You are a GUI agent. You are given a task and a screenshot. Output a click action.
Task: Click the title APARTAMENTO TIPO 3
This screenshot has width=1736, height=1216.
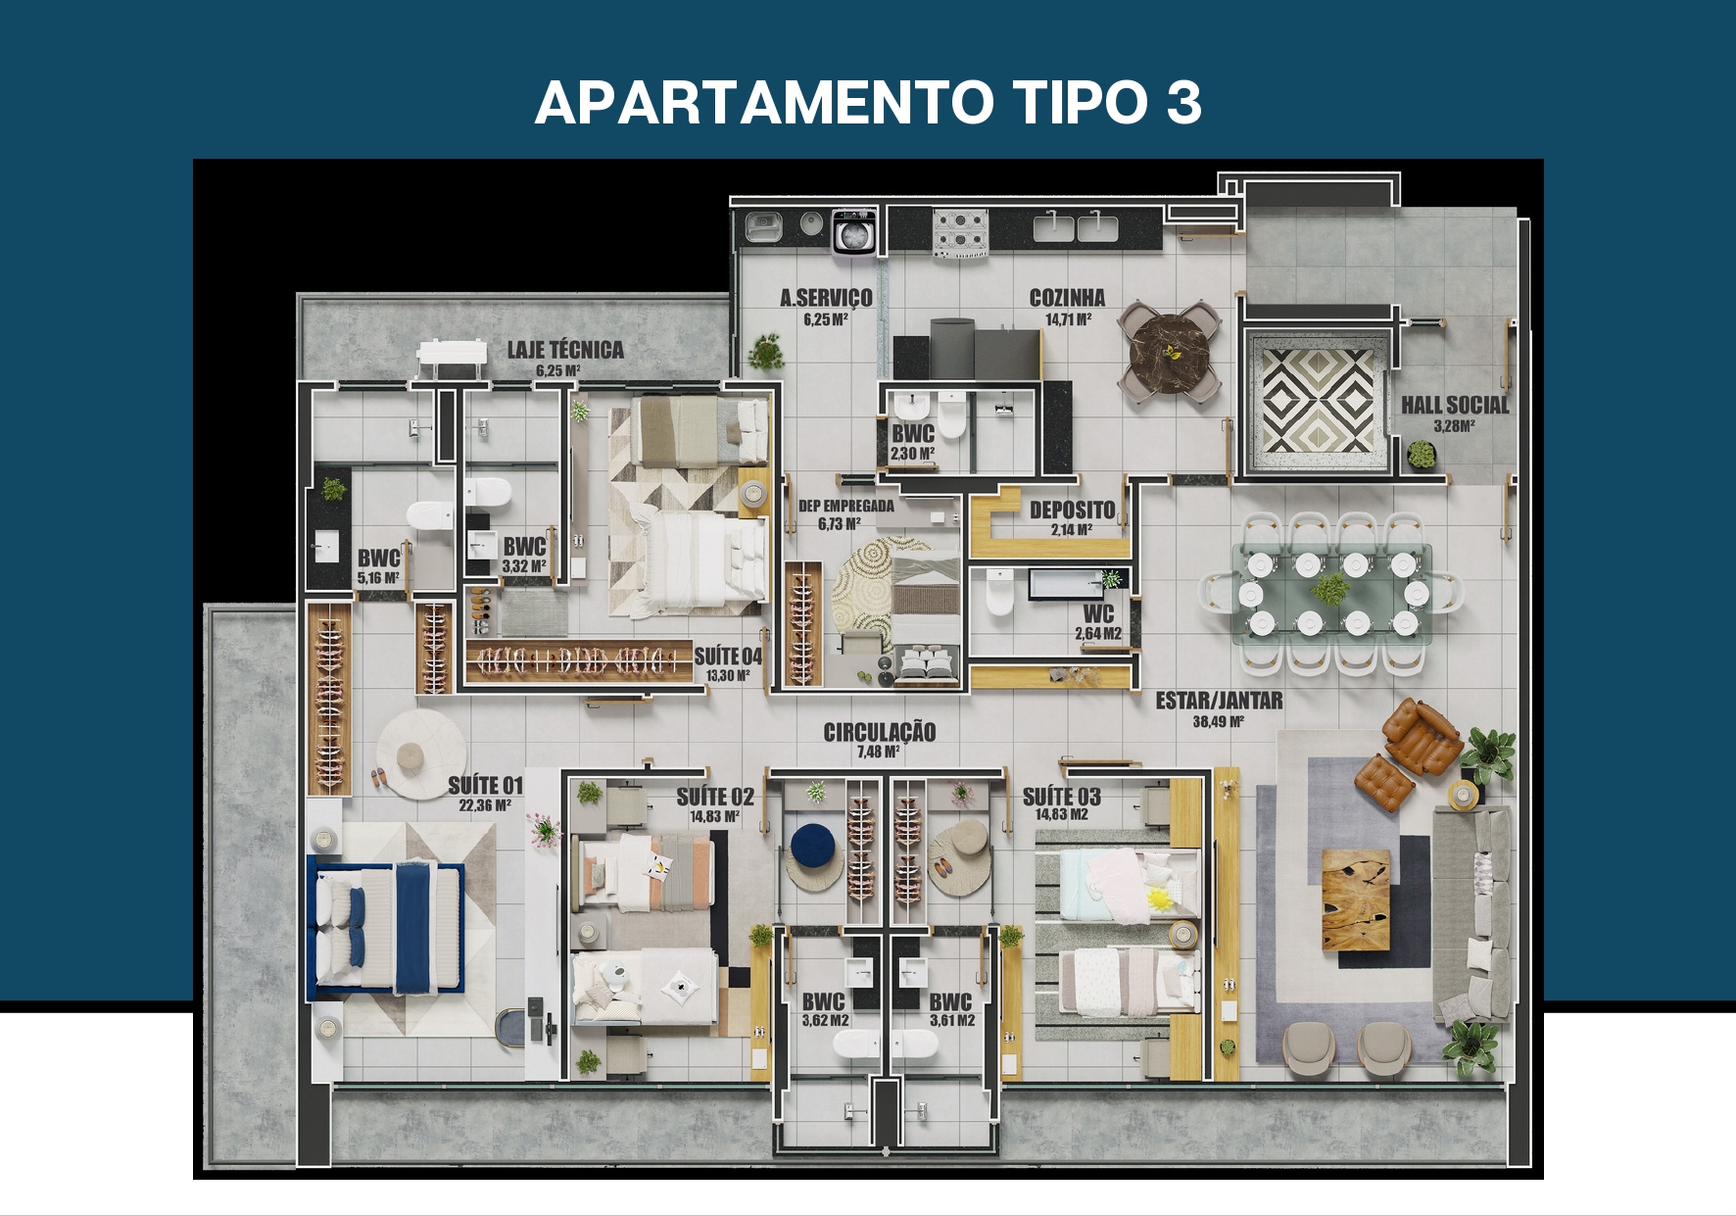point(868,102)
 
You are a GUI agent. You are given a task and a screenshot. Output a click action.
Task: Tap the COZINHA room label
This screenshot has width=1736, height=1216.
point(1067,297)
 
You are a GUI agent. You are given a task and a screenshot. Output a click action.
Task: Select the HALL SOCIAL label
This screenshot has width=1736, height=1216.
point(1455,404)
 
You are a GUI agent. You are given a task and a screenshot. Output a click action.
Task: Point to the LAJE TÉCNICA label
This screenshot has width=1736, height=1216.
point(565,349)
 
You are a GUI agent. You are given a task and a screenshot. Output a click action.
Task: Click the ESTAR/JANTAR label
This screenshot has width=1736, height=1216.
point(1219,700)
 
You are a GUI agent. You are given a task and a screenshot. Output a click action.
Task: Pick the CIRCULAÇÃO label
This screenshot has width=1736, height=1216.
point(879,731)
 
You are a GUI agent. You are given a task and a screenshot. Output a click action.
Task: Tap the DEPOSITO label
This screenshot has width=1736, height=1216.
point(1072,510)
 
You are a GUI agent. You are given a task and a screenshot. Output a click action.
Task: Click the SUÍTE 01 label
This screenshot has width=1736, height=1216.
point(486,785)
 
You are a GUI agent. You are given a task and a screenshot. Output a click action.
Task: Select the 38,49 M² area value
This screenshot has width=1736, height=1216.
point(1219,722)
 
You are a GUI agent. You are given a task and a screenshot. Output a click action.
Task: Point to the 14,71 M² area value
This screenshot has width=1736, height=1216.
point(1068,319)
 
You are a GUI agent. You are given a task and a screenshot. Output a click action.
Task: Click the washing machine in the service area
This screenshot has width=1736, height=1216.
point(853,232)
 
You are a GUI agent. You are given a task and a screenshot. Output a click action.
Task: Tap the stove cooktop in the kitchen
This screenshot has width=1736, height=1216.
point(960,233)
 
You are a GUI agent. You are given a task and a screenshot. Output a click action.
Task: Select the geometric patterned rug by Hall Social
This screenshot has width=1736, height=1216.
point(1316,400)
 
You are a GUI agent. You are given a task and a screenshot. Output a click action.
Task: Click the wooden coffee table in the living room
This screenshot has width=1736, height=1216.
point(1356,900)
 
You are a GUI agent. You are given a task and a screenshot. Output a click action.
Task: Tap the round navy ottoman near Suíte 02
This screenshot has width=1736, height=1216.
point(812,846)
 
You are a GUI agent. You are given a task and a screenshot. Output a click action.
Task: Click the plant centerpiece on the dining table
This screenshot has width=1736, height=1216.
point(1329,590)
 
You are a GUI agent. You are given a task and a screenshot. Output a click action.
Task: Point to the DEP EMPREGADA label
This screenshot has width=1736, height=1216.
point(846,506)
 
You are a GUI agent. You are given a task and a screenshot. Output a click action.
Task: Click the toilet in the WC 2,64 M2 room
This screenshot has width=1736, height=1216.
point(999,593)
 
